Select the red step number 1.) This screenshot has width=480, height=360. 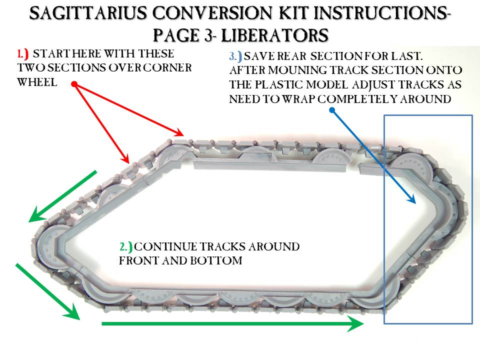click(x=23, y=53)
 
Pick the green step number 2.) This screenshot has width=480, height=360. click(x=125, y=247)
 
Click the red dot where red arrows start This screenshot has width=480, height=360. click(x=74, y=84)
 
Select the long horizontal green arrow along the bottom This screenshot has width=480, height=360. click(x=232, y=324)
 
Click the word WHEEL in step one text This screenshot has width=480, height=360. click(x=37, y=82)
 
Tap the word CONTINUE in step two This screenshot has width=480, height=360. click(x=165, y=247)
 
